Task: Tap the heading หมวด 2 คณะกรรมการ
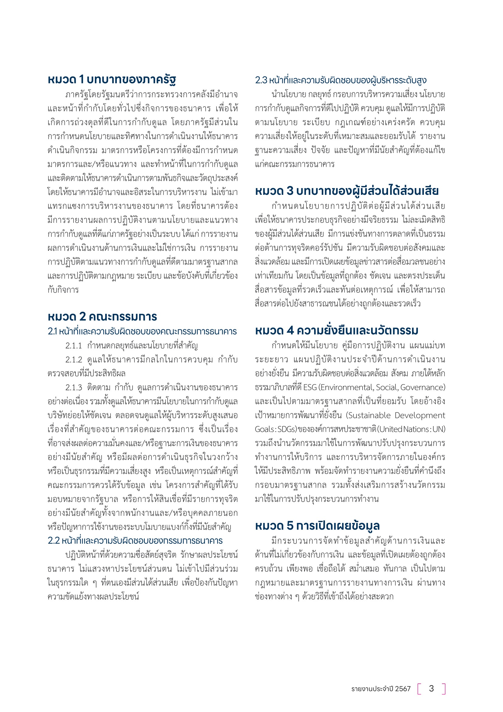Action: pyautogui.click(x=102, y=317)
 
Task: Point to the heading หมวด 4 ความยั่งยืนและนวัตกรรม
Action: pyautogui.click(x=336, y=331)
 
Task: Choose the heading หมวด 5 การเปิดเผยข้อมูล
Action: pyautogui.click(x=317, y=526)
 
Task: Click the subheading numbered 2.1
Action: pyautogui.click(x=142, y=331)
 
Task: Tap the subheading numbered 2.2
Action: pyautogui.click(x=135, y=541)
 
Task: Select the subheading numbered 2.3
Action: pyautogui.click(x=340, y=80)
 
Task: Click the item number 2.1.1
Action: pyautogui.click(x=74, y=346)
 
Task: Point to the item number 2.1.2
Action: pyautogui.click(x=74, y=360)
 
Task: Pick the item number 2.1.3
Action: pyautogui.click(x=74, y=388)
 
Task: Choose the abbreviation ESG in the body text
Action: pyautogui.click(x=310, y=387)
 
